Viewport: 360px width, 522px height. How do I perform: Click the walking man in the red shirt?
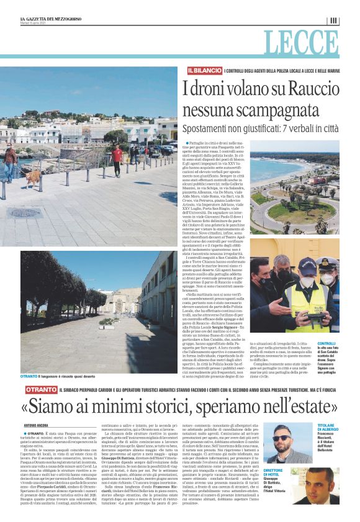point(117,158)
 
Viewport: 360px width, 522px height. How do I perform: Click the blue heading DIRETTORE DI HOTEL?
point(272,473)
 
